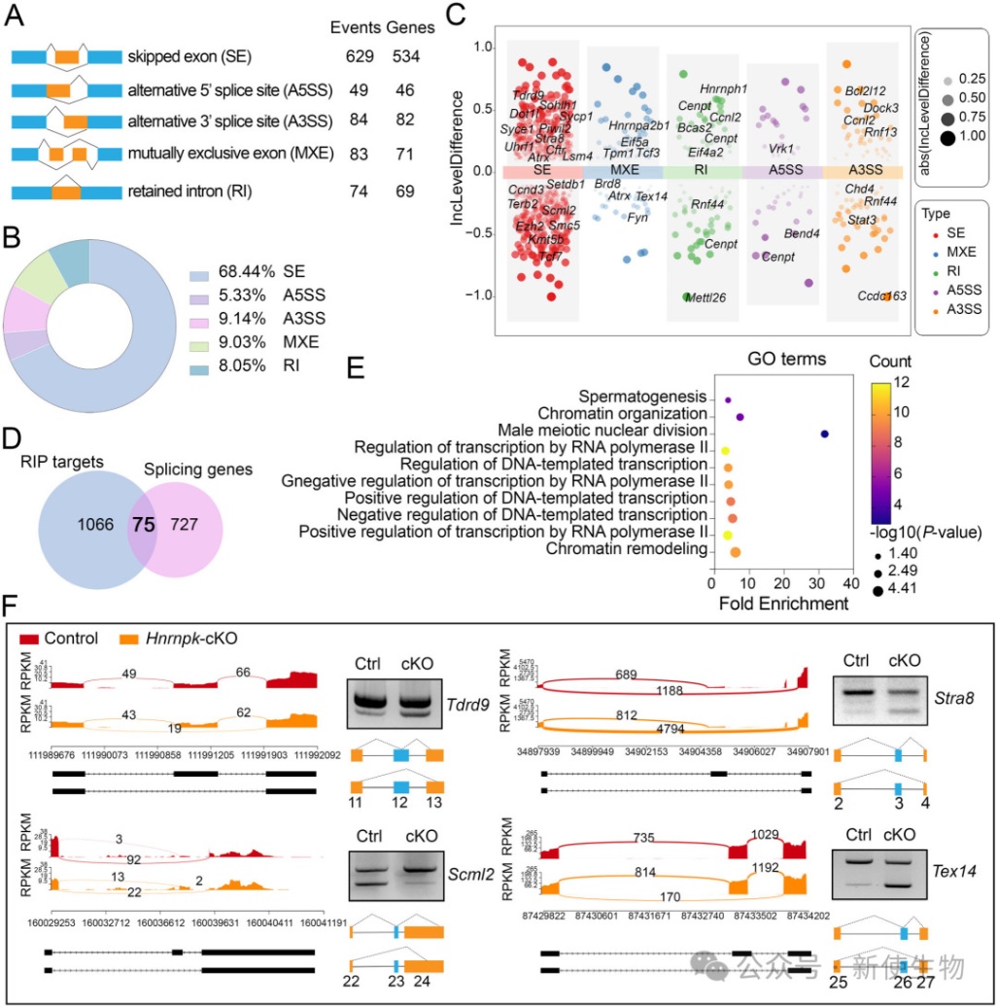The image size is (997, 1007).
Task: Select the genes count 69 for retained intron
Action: click(x=405, y=192)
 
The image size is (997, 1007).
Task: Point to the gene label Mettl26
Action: click(x=705, y=297)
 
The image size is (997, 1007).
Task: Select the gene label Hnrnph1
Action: click(x=723, y=88)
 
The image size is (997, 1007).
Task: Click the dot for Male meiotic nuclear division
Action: click(x=824, y=434)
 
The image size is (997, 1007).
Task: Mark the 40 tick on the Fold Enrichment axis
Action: click(x=851, y=582)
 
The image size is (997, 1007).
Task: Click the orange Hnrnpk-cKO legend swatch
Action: click(x=131, y=639)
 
